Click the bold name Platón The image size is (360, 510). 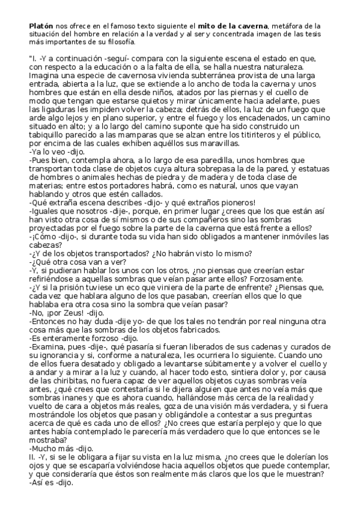pyautogui.click(x=40, y=26)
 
